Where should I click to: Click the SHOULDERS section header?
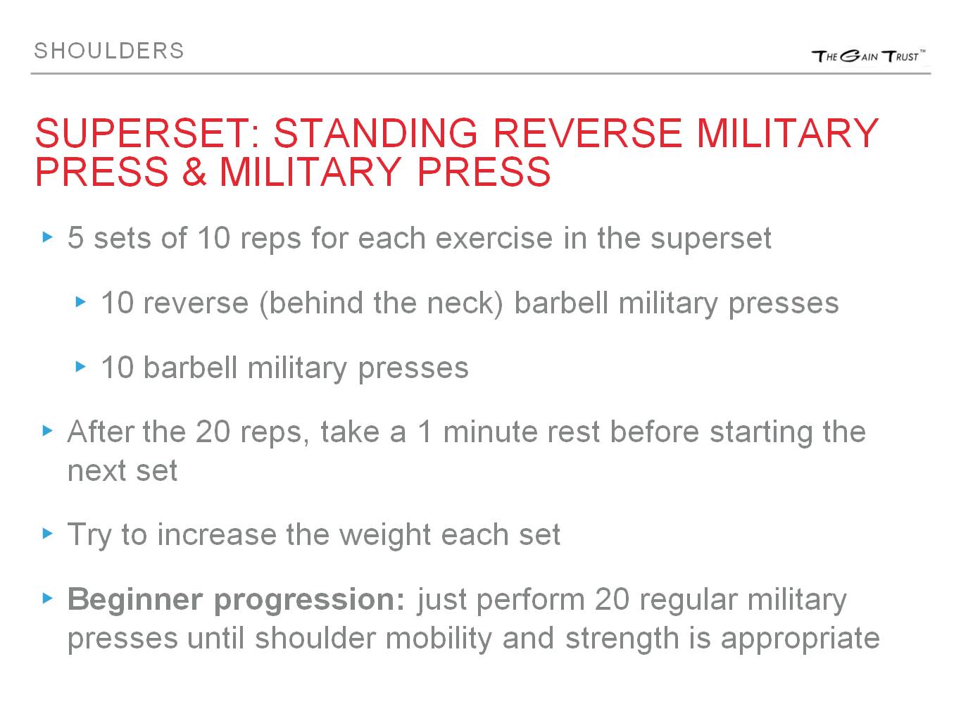click(109, 51)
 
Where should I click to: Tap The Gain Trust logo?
click(868, 56)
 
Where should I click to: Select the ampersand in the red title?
click(194, 172)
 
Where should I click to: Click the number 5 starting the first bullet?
click(76, 239)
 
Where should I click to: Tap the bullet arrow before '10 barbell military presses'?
click(81, 367)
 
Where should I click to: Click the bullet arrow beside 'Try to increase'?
click(48, 534)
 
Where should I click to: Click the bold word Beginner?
click(136, 600)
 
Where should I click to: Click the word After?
click(100, 432)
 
